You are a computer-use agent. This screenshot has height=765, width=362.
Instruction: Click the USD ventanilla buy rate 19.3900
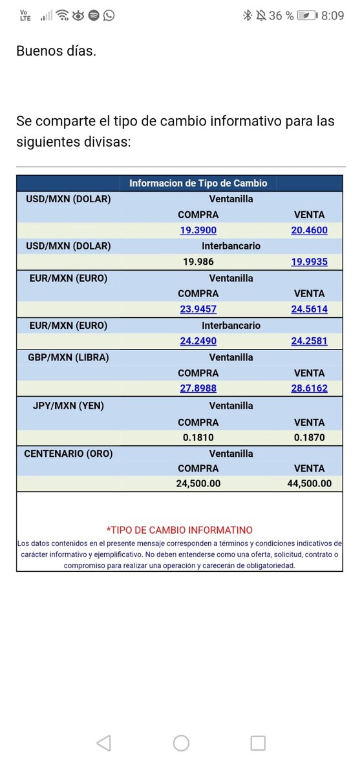coord(198,230)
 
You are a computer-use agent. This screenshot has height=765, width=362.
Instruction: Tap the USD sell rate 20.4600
coord(309,230)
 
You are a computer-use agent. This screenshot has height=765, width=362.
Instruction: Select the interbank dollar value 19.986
coord(198,262)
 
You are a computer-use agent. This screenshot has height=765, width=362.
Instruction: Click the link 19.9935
coord(309,262)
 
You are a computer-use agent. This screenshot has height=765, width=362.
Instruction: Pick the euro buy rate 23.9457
coord(198,309)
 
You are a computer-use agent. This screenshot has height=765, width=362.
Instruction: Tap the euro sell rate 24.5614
coord(309,309)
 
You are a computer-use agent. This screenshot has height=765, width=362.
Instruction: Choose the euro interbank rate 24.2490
coord(198,341)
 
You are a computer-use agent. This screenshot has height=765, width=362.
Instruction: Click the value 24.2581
coord(309,341)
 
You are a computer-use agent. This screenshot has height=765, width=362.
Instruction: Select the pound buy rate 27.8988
coord(198,388)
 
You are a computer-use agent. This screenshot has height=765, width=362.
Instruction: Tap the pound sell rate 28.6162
coord(309,388)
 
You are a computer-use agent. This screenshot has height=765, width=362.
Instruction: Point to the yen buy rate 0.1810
coord(198,437)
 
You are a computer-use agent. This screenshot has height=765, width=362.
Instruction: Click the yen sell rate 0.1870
coord(309,437)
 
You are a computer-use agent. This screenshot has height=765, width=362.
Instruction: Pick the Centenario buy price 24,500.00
coord(198,483)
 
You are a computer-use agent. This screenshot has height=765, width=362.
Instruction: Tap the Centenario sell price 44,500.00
coord(309,483)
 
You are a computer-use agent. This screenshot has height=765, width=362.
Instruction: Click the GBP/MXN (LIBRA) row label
coord(68,357)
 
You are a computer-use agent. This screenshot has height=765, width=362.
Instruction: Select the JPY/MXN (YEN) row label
coord(68,406)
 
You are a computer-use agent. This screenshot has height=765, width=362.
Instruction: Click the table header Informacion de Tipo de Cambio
coord(198,183)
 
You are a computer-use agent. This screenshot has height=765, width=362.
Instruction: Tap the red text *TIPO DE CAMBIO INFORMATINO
coord(180,530)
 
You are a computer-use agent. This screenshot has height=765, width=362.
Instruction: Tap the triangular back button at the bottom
coord(103,743)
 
